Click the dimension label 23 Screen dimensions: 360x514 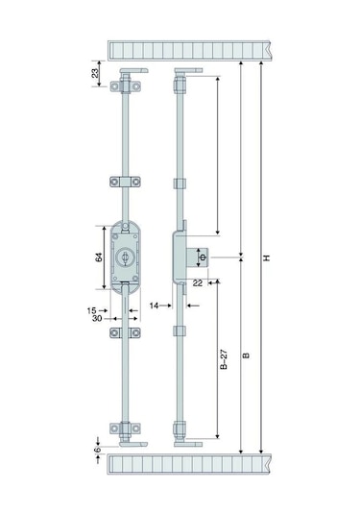(95, 73)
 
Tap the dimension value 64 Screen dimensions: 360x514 (99, 257)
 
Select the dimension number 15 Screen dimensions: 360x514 (92, 310)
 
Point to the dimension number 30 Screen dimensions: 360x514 (97, 318)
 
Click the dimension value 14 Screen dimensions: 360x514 (154, 306)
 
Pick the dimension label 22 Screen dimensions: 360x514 (198, 282)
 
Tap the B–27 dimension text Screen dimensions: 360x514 (224, 359)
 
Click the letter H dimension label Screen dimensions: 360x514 (267, 257)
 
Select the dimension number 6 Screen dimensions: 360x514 (97, 450)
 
